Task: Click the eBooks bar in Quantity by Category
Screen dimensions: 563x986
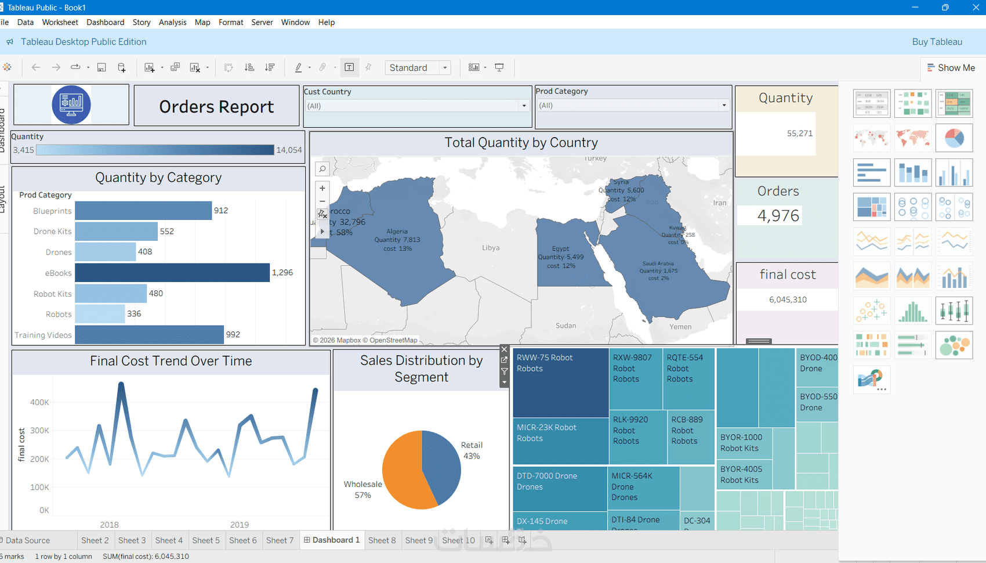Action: [172, 273]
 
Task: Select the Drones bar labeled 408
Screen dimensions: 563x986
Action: [105, 252]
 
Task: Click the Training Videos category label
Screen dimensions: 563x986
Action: [43, 335]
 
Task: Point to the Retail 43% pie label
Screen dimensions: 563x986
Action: [472, 450]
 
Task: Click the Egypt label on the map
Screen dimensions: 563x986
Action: [560, 248]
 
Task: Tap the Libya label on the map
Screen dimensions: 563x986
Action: [491, 248]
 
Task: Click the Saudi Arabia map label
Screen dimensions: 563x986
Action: [658, 264]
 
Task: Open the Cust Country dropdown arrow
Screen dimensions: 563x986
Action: [524, 106]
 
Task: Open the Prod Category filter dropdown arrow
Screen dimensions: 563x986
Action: [724, 106]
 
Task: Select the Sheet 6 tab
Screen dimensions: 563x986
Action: [242, 540]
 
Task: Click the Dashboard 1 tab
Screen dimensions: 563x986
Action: [332, 540]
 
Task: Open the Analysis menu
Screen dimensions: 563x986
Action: [172, 22]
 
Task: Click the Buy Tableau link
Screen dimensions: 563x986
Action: [937, 42]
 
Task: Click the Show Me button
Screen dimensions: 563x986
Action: [951, 68]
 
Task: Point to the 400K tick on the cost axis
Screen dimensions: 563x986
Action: [39, 402]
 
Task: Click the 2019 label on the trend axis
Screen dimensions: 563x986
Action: [240, 525]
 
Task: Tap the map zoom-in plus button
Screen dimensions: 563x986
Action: [322, 188]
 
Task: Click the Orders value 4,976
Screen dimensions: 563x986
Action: [778, 216]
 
